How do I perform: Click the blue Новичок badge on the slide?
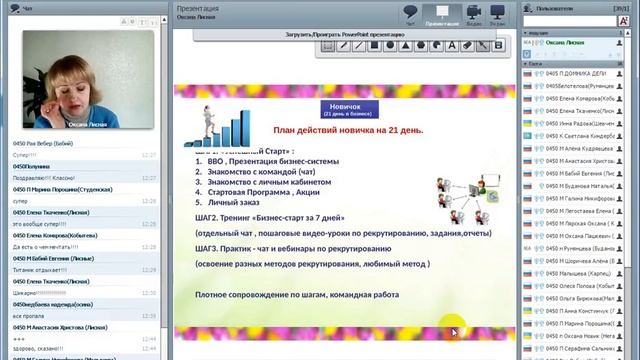(345, 108)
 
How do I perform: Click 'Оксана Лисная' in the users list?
(561, 43)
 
